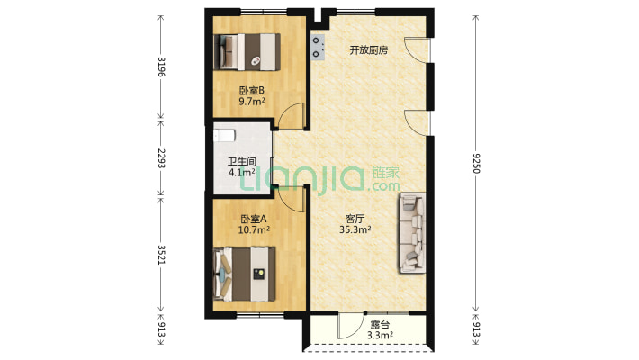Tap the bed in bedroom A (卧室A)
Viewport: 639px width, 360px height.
(x=244, y=274)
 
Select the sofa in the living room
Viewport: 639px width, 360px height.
(x=410, y=231)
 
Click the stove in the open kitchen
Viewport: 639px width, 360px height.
(x=318, y=47)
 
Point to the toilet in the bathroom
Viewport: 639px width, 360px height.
(x=224, y=136)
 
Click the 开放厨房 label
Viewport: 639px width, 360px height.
(x=368, y=50)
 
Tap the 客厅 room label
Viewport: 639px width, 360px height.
(x=355, y=218)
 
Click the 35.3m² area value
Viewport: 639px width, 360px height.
(x=355, y=229)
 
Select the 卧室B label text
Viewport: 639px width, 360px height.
(x=251, y=90)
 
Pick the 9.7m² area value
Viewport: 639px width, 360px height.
(x=251, y=102)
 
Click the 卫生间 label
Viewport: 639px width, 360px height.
(x=241, y=162)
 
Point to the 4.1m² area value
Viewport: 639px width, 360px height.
(x=241, y=173)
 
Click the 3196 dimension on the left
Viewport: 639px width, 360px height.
(x=161, y=67)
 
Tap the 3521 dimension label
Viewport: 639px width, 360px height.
(x=161, y=256)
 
